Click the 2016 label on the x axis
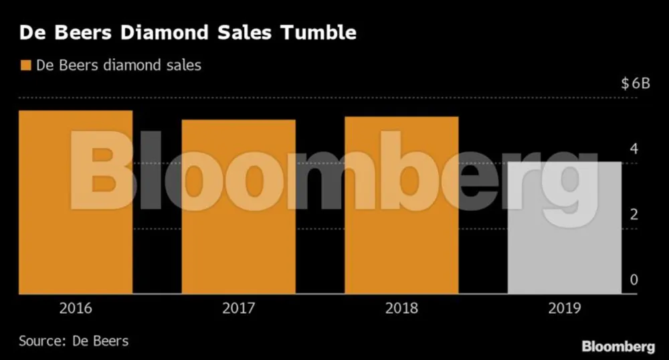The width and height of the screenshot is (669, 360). click(x=76, y=308)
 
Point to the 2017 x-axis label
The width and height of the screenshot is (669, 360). click(x=238, y=308)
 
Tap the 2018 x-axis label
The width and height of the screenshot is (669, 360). click(x=401, y=308)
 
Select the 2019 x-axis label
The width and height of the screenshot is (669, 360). click(x=565, y=308)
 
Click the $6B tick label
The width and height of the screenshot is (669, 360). click(x=635, y=84)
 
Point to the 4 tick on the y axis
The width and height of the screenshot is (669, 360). click(x=634, y=149)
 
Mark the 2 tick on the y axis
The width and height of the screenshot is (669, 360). click(x=634, y=214)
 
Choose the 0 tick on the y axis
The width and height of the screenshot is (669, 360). click(x=634, y=280)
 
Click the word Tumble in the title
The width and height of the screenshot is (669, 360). click(x=320, y=32)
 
